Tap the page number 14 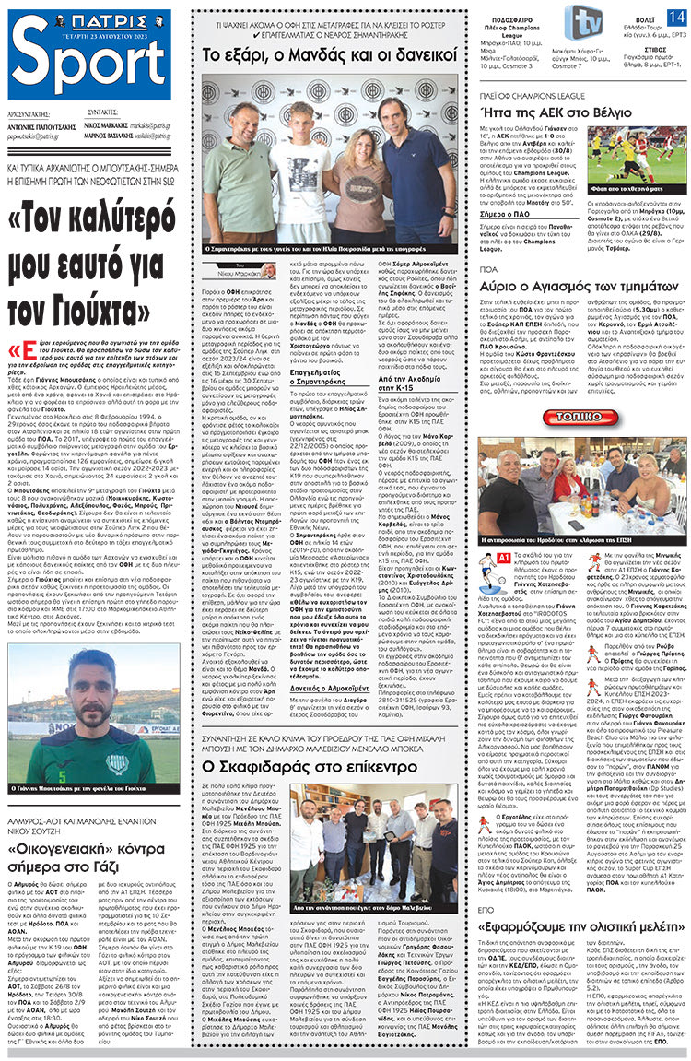(675, 18)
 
